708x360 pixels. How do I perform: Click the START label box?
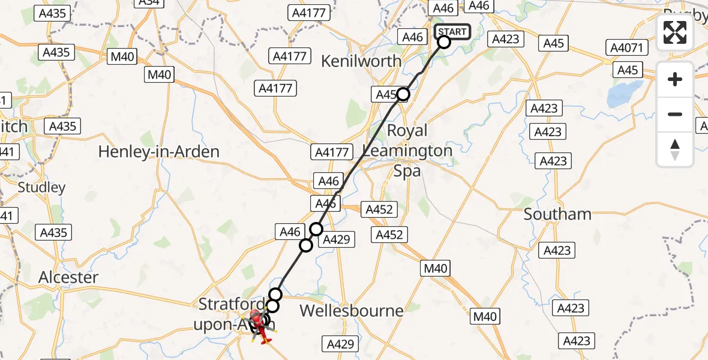[452, 32]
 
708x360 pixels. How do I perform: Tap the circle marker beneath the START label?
[444, 42]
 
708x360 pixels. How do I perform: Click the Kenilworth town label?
[361, 61]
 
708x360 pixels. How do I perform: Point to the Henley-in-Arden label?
[158, 152]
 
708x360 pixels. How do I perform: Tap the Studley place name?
[41, 187]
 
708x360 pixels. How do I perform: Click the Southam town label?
[557, 214]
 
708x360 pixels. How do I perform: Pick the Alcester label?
[68, 277]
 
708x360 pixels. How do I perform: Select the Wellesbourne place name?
[351, 310]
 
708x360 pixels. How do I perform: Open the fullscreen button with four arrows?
[675, 32]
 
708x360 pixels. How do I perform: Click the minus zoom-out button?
[675, 114]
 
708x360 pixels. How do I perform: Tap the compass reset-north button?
[675, 149]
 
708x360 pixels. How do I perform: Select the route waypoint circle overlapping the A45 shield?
[403, 94]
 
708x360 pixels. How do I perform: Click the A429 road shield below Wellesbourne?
[342, 344]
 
